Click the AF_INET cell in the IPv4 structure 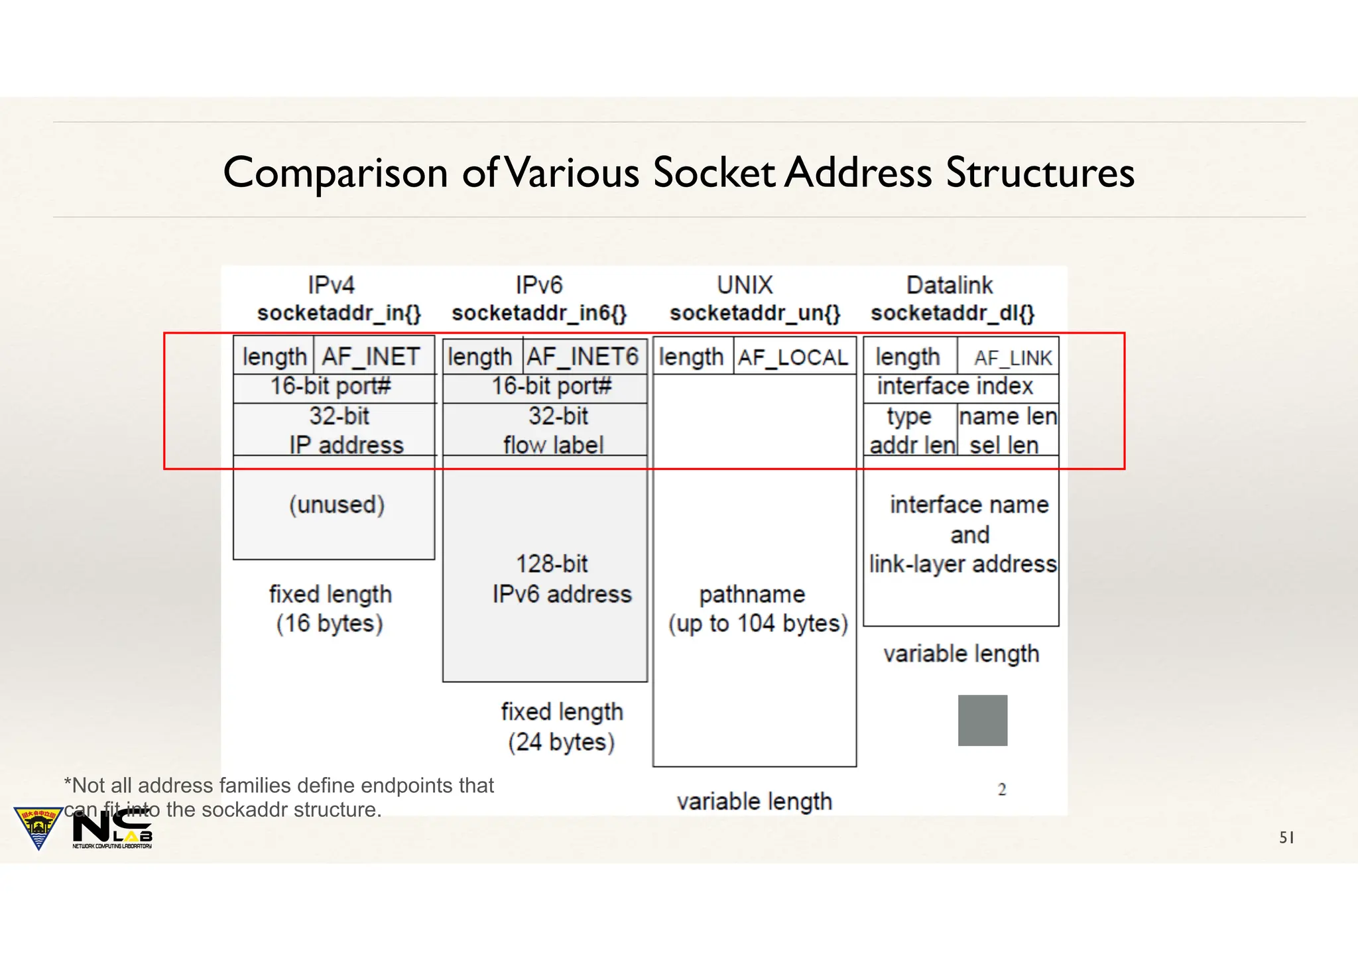(x=371, y=357)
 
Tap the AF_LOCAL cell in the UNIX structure (x=794, y=357)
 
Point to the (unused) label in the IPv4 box (x=337, y=505)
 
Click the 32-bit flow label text (x=555, y=430)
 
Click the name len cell (x=1008, y=416)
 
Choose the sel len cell (x=1004, y=446)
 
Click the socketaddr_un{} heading (x=755, y=313)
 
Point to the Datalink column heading (x=950, y=285)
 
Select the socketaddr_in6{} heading (x=539, y=313)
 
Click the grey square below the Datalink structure (x=983, y=721)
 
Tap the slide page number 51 (x=1286, y=838)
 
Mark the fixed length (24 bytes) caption (x=562, y=727)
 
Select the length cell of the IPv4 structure (x=274, y=357)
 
